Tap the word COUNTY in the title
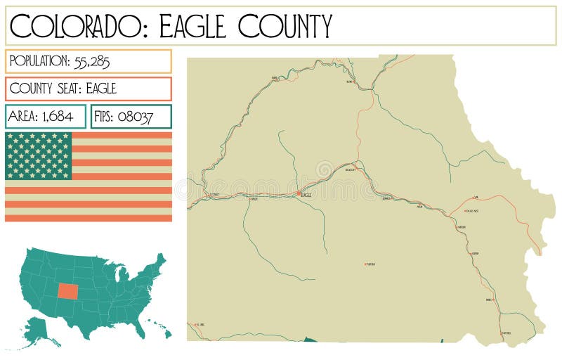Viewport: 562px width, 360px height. [285, 26]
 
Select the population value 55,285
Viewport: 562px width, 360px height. [91, 61]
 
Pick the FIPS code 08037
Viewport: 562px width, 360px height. [136, 117]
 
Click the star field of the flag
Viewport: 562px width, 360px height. [39, 155]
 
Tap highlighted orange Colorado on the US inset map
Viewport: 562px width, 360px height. [69, 290]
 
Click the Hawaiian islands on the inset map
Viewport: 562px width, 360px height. [158, 329]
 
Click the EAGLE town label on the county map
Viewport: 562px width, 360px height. [306, 195]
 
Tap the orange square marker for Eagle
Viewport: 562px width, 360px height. [299, 193]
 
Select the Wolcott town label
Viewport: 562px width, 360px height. [351, 169]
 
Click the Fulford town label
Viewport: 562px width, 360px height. [372, 264]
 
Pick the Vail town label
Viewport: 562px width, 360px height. [476, 198]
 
